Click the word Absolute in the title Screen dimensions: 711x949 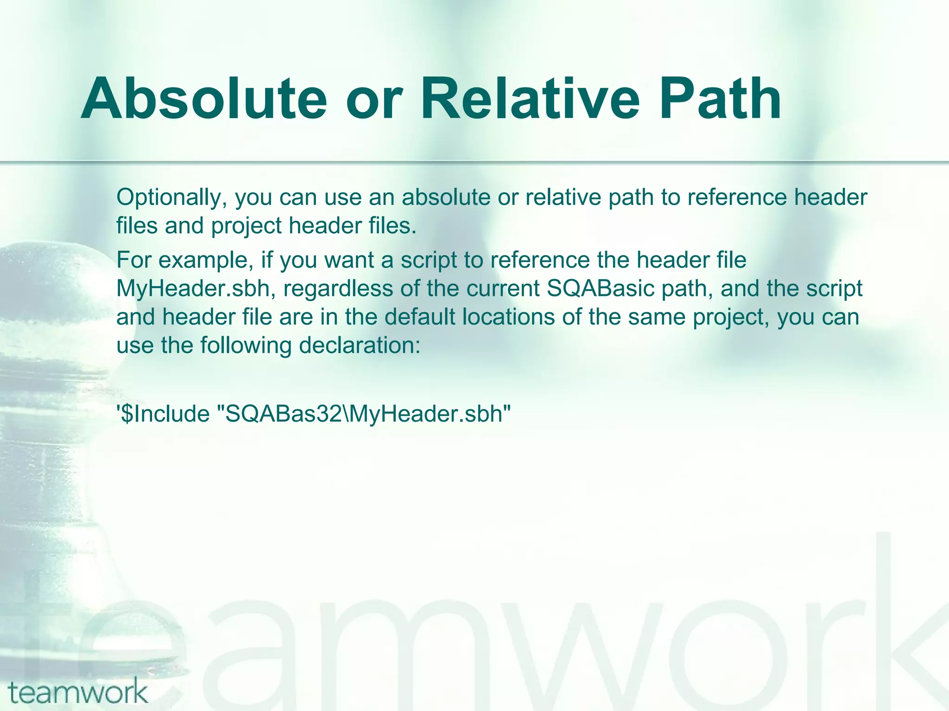pyautogui.click(x=204, y=100)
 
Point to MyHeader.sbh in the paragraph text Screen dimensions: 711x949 pyautogui.click(x=193, y=289)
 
